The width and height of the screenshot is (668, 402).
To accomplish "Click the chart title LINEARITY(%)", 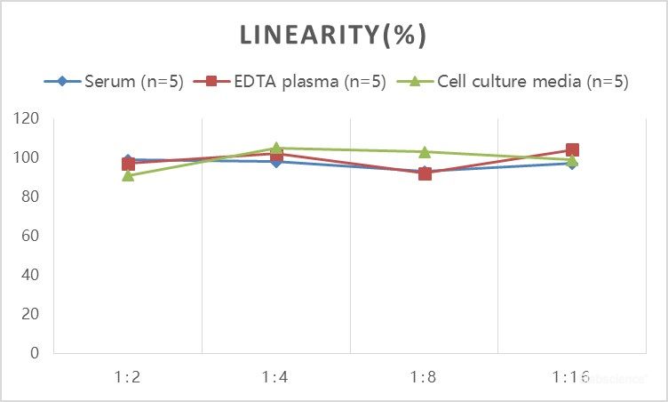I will (334, 36).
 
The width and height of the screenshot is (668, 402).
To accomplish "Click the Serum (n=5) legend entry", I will (115, 82).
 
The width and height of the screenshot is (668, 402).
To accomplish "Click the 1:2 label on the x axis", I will (128, 377).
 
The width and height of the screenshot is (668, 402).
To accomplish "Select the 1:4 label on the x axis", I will (276, 377).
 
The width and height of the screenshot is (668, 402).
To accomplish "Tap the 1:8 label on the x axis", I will (424, 377).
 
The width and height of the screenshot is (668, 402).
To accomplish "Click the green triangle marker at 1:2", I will (128, 175).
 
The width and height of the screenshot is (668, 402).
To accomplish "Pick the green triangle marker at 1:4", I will (276, 149).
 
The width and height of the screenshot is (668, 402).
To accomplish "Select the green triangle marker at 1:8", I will (425, 152).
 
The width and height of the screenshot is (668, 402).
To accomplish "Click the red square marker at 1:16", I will (572, 150).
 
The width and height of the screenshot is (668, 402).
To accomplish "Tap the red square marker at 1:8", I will (425, 173).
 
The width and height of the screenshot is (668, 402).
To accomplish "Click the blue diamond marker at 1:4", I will (276, 162).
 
